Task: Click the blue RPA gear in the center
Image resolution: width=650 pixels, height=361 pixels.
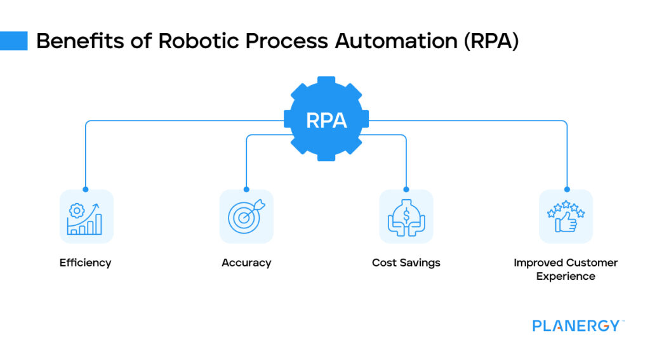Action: [326, 120]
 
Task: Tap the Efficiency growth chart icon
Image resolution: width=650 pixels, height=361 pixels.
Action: [86, 217]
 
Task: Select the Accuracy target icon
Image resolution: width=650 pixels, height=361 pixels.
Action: [246, 217]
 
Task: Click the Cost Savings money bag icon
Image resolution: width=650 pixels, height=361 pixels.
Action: [406, 217]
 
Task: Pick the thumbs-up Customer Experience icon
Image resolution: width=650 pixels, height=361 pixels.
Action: [566, 217]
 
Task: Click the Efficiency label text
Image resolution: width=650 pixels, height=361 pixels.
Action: [85, 263]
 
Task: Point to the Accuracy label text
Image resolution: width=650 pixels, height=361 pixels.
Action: [246, 263]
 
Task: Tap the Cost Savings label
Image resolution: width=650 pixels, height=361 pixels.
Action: [406, 263]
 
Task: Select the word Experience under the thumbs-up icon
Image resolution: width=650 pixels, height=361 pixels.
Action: [566, 277]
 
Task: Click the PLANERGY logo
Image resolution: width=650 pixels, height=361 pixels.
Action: [576, 326]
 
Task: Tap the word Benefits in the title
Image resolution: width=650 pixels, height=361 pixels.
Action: [69, 41]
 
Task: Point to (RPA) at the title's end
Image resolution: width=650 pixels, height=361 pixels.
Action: [488, 41]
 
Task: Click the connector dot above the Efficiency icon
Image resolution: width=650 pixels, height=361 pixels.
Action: [86, 189]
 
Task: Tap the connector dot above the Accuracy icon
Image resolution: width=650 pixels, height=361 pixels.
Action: [246, 189]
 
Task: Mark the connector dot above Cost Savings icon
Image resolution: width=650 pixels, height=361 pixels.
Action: [406, 189]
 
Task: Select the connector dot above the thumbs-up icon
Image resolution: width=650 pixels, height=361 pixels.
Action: [566, 189]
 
